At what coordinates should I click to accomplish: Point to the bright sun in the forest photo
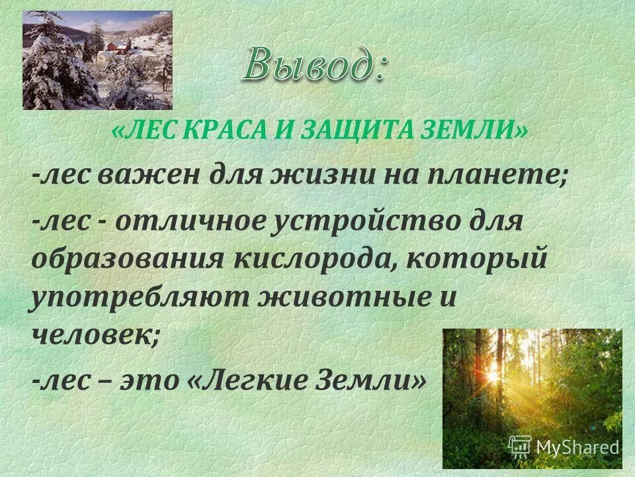point(493,376)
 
